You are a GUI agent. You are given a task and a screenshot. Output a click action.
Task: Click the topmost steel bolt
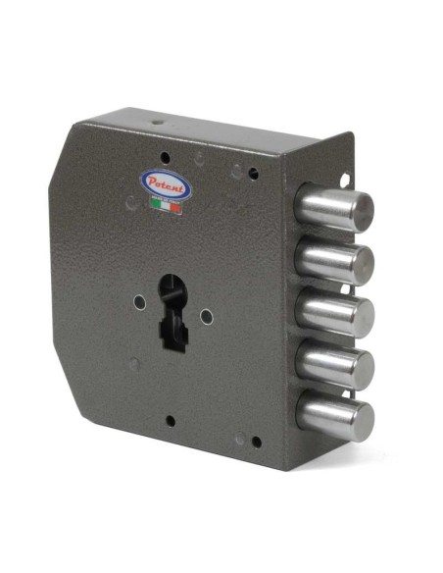pyautogui.click(x=334, y=207)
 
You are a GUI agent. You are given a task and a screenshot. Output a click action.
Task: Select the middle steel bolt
pyautogui.click(x=334, y=313)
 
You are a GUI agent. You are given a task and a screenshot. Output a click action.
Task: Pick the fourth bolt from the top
pyautogui.click(x=335, y=365)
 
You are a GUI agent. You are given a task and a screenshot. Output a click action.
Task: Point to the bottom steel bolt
pyautogui.click(x=335, y=416)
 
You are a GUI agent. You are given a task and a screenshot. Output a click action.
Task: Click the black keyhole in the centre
pyautogui.click(x=172, y=312)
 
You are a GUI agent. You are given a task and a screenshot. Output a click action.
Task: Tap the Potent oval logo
pyautogui.click(x=167, y=184)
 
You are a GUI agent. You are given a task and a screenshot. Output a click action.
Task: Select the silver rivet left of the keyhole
pyautogui.click(x=139, y=302)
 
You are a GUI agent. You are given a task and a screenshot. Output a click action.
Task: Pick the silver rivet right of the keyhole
pyautogui.click(x=207, y=317)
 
